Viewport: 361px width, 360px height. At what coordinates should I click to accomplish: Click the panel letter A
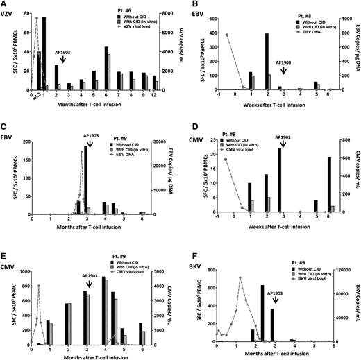(5, 5)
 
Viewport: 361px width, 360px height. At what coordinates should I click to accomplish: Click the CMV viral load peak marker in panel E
(39, 286)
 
